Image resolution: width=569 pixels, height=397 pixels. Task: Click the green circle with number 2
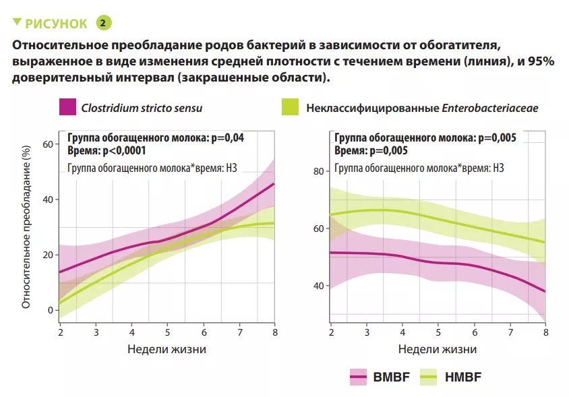click(x=103, y=23)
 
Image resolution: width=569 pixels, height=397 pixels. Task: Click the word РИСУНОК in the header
click(x=56, y=24)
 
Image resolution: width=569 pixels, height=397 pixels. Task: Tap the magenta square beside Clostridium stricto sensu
click(x=67, y=107)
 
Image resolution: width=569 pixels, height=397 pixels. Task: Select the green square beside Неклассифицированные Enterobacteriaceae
click(x=289, y=107)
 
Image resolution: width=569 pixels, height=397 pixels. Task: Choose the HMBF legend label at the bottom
click(x=464, y=377)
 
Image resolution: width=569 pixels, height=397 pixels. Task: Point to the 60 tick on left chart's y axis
click(x=47, y=144)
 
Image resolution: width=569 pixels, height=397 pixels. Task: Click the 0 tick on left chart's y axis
click(x=49, y=310)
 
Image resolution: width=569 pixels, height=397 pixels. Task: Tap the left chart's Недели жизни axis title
click(x=167, y=349)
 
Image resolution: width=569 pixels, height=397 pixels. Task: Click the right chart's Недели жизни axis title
click(x=438, y=349)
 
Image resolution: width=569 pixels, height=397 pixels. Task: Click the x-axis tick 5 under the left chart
click(x=167, y=332)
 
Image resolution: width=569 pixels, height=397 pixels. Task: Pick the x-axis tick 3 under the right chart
click(x=367, y=332)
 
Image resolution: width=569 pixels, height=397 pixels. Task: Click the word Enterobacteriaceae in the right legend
click(x=490, y=107)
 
